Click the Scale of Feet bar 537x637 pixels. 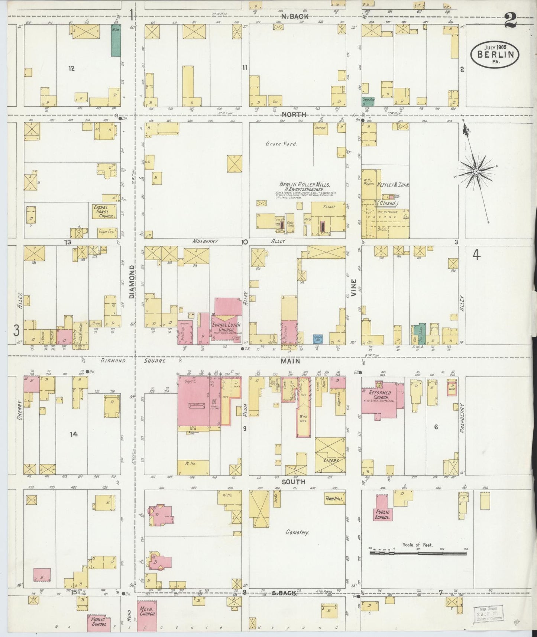point(418,553)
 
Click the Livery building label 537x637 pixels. point(331,460)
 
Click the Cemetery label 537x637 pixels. point(298,532)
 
